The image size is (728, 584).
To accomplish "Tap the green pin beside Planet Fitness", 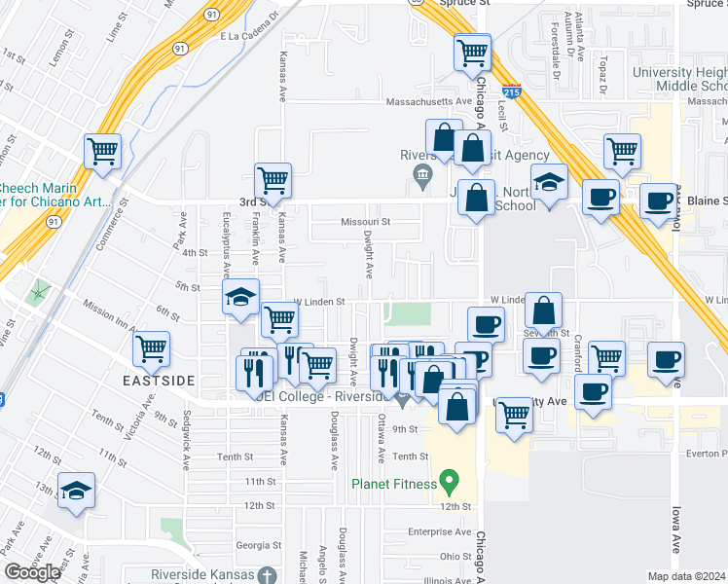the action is click(449, 480).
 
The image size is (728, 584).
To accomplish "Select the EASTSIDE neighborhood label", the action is click(159, 380).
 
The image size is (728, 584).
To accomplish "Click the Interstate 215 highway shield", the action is click(513, 91).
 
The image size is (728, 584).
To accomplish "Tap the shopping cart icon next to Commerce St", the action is click(102, 152).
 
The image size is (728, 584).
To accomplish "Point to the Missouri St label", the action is click(365, 222).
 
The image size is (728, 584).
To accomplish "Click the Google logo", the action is click(32, 572).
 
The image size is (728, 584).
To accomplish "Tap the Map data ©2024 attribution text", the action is click(687, 576).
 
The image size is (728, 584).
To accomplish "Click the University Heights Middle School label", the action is click(679, 80).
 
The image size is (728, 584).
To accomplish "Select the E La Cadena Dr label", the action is click(250, 36).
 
